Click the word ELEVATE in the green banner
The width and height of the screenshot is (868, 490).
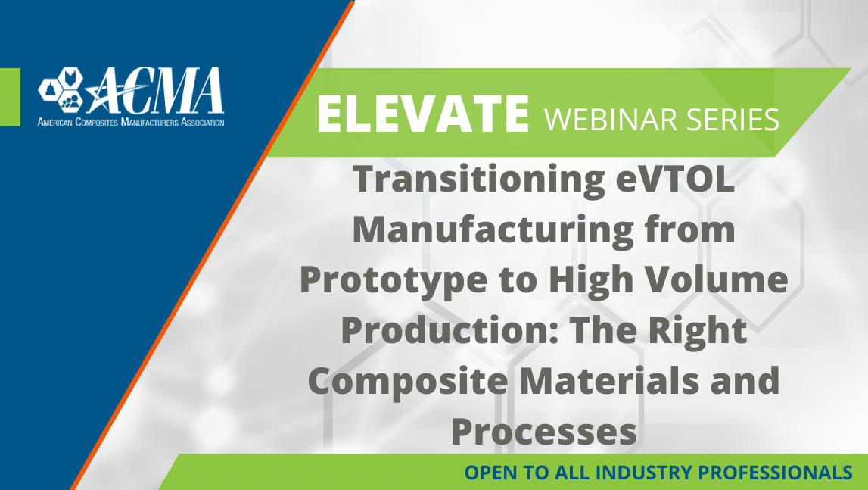[x=423, y=114]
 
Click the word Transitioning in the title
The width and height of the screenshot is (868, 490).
[x=479, y=180]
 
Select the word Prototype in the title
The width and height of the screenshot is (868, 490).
[x=394, y=280]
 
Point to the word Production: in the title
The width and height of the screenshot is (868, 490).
[x=451, y=329]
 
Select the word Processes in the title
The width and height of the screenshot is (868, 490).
[x=544, y=432]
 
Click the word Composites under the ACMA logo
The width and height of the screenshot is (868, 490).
[x=96, y=122]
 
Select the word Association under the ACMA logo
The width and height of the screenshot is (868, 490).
[x=203, y=122]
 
